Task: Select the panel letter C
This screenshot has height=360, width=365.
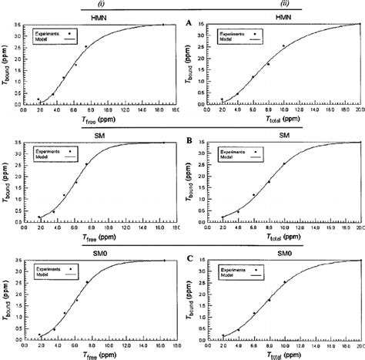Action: [189, 259]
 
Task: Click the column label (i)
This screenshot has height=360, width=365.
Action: [102, 4]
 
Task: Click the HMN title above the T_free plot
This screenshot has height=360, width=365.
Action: [99, 16]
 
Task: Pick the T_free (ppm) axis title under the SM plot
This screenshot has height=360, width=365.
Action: [98, 237]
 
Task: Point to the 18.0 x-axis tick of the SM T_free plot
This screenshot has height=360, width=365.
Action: [176, 228]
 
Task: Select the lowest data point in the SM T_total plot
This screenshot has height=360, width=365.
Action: [223, 217]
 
